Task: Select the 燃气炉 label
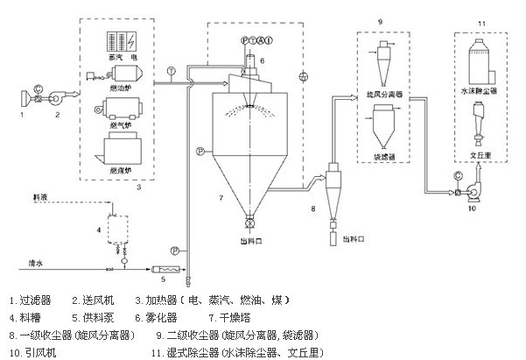click(117, 125)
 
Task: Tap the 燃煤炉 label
click(117, 170)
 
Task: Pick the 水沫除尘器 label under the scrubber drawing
click(480, 90)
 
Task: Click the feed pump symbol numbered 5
click(165, 268)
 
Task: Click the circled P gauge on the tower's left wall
click(200, 152)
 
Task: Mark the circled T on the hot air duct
click(171, 69)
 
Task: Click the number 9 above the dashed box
click(380, 18)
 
